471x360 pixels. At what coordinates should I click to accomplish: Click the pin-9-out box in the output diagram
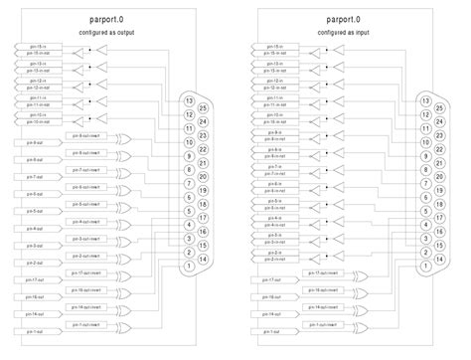[34, 142]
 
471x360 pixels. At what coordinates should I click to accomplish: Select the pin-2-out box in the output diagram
[34, 263]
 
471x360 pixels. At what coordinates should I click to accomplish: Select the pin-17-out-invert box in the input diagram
[323, 271]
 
